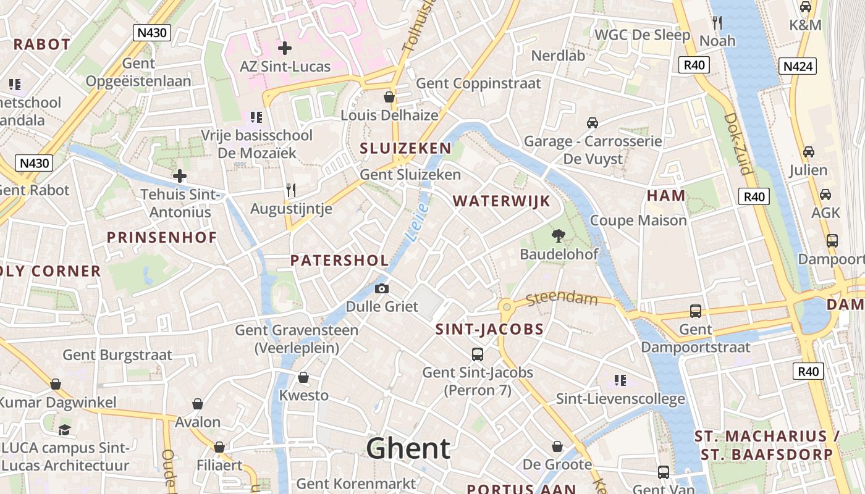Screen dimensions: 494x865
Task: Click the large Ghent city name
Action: (408, 448)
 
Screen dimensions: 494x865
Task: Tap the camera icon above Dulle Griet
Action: (382, 288)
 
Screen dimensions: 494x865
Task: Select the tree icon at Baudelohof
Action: (559, 235)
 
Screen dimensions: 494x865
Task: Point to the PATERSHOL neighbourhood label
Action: (340, 261)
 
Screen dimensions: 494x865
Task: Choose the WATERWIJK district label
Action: (501, 201)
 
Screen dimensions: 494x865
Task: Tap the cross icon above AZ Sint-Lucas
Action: (285, 48)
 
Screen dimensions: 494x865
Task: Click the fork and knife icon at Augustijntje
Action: (291, 190)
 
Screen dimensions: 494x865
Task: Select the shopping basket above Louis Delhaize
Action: (389, 97)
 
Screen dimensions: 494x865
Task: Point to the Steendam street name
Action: (562, 299)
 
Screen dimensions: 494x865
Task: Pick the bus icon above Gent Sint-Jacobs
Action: (478, 354)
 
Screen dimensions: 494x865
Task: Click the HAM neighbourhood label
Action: (666, 196)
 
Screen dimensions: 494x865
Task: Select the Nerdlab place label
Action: (558, 56)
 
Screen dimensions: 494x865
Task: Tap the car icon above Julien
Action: (808, 152)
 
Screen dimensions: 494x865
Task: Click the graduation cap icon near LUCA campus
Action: (64, 429)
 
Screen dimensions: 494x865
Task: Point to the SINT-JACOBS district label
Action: (489, 330)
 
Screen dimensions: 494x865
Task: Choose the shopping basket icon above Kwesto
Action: (303, 377)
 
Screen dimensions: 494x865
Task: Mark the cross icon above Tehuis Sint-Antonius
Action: (180, 176)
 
